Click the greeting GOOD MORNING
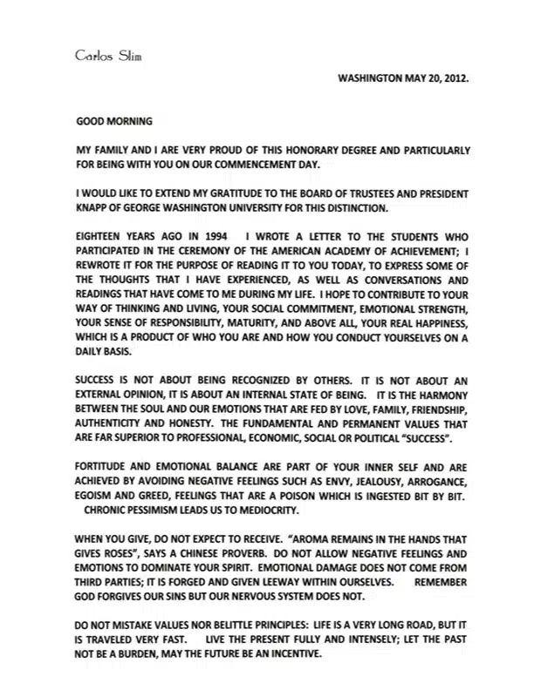coord(114,123)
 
